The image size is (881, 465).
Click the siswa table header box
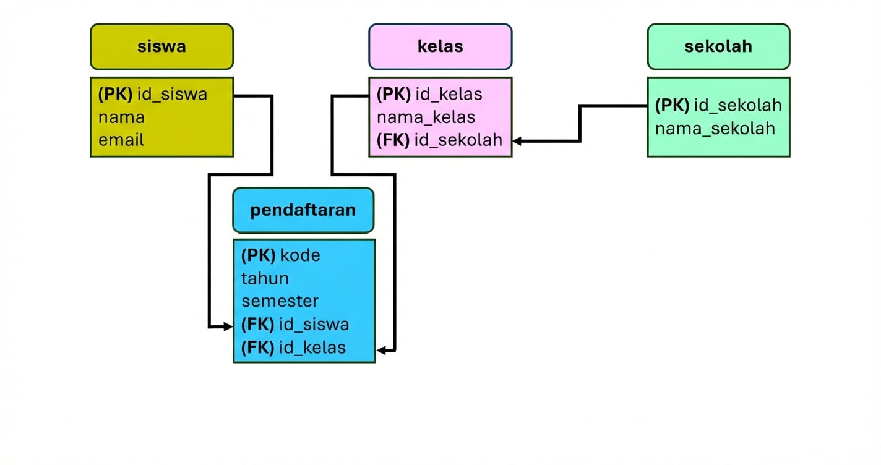pyautogui.click(x=161, y=46)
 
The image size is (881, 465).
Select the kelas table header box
pyautogui.click(x=440, y=46)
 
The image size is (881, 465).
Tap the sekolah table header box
pyautogui.click(x=718, y=46)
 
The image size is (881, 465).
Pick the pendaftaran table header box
pyautogui.click(x=303, y=210)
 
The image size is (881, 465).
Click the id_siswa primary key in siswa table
pyautogui.click(x=153, y=94)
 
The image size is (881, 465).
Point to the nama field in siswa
pyautogui.click(x=121, y=117)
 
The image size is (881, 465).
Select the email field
pyautogui.click(x=121, y=140)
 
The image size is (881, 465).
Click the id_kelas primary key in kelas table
pyautogui.click(x=429, y=94)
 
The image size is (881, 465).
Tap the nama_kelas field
pyautogui.click(x=426, y=117)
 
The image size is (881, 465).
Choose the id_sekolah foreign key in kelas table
pyautogui.click(x=439, y=140)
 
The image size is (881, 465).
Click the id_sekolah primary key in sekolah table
pyautogui.click(x=718, y=105)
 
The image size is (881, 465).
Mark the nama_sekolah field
pyautogui.click(x=715, y=128)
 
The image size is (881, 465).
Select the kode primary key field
pyautogui.click(x=281, y=255)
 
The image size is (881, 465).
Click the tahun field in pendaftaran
pyautogui.click(x=265, y=278)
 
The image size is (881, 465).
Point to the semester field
pyautogui.click(x=280, y=301)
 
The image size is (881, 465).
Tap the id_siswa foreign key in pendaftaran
pyautogui.click(x=295, y=324)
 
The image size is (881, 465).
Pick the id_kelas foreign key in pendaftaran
pyautogui.click(x=293, y=347)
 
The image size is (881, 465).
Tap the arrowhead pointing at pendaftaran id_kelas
pyautogui.click(x=382, y=351)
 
